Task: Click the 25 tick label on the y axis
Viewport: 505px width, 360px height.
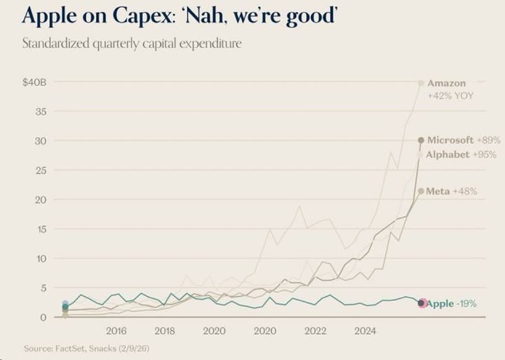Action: (x=41, y=170)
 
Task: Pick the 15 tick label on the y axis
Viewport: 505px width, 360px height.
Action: (x=41, y=229)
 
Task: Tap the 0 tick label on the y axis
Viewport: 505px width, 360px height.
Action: (x=44, y=317)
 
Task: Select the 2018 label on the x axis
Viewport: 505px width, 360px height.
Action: (x=164, y=332)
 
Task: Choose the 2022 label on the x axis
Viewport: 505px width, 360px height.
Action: (x=315, y=332)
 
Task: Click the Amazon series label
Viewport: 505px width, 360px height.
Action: (x=446, y=83)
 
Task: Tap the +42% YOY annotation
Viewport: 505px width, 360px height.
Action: (x=451, y=95)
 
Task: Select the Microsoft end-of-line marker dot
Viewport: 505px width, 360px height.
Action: (x=421, y=140)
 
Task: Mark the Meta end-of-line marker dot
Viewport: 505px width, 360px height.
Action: (x=421, y=191)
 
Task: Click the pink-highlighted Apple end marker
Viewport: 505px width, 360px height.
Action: (x=421, y=303)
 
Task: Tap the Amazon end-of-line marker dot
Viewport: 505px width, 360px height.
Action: (x=421, y=83)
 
